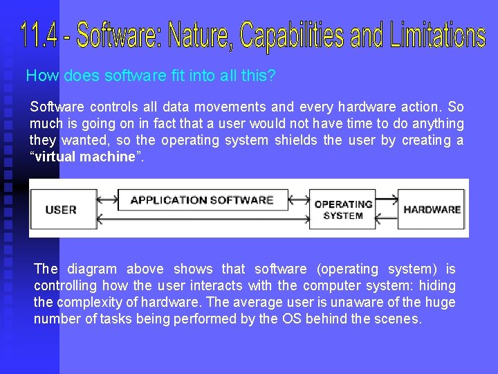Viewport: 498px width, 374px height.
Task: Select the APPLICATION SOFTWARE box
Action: [202, 200]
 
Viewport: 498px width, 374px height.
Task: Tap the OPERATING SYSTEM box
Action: [343, 209]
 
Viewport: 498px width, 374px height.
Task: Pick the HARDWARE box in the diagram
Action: [432, 209]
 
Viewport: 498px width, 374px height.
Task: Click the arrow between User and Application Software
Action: [107, 200]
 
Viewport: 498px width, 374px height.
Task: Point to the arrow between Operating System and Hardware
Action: [387, 201]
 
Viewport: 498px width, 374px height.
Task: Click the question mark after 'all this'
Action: [271, 75]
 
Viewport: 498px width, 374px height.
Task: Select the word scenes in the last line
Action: [399, 319]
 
